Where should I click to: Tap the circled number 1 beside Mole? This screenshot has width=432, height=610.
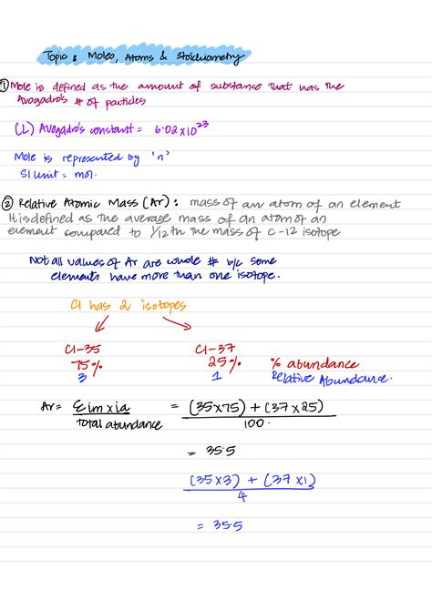pos(6,86)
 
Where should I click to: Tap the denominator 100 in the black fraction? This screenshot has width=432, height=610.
pos(253,422)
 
